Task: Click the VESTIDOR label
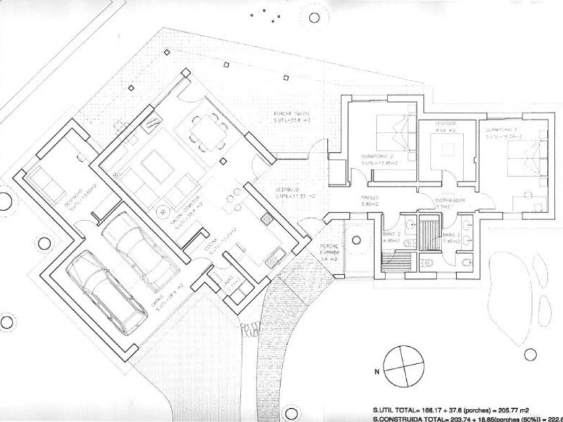pyautogui.click(x=446, y=124)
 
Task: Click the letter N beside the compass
pyautogui.click(x=377, y=372)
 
